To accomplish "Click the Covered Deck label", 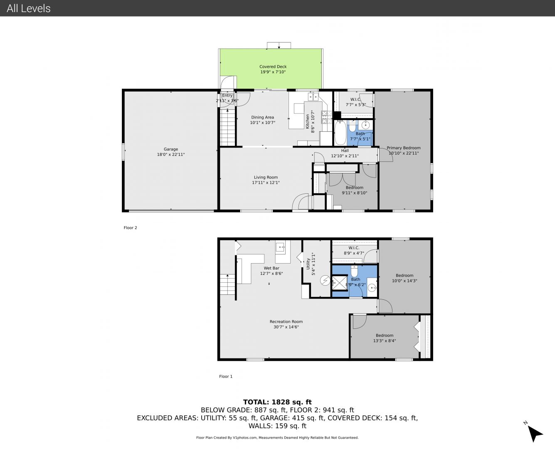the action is (273, 67).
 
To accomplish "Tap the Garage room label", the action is (171, 149).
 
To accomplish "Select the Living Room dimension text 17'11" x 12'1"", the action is (266, 183).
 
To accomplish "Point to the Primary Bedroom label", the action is (403, 148).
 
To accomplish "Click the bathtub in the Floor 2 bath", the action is (340, 133).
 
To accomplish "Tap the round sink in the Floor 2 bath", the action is (365, 125).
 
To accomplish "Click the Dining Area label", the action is (262, 118).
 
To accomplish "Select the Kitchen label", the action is (308, 121).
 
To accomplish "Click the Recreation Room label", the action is (286, 321).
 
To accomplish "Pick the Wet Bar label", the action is (271, 268).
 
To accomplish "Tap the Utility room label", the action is (308, 264).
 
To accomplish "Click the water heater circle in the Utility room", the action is (325, 280).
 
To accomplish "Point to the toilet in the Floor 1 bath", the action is (354, 271).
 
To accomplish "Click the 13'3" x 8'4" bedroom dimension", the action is (384, 340).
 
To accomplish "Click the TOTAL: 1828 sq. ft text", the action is (277, 402).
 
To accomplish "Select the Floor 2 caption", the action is (130, 228).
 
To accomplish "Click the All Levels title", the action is (28, 8).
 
